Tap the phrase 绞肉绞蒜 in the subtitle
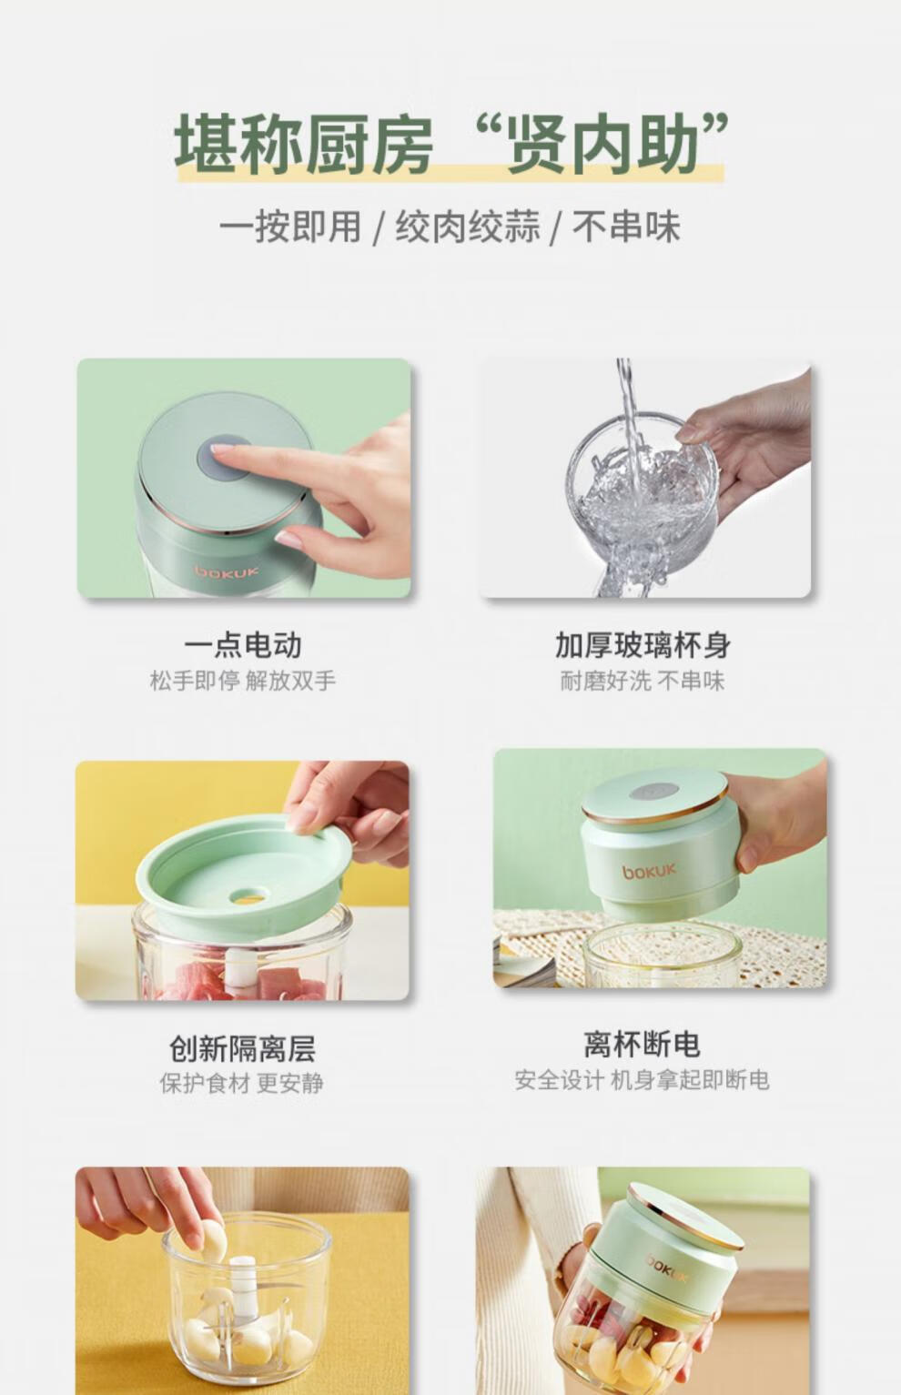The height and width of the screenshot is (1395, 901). tap(468, 227)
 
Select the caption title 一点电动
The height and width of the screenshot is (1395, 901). tap(243, 645)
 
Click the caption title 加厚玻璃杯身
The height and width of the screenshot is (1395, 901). tap(643, 645)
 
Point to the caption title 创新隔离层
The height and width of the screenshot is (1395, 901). tap(243, 1048)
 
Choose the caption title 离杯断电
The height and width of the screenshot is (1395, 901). tap(642, 1045)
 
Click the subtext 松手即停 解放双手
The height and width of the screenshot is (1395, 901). tap(243, 681)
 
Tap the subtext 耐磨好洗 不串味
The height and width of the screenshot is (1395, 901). tap(643, 681)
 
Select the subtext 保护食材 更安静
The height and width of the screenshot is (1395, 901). tap(242, 1083)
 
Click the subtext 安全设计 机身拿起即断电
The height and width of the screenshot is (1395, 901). tap(642, 1080)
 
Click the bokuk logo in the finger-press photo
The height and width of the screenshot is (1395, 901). tap(227, 571)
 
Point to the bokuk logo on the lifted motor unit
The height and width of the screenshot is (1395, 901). tap(649, 871)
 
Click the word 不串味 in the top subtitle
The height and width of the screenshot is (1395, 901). tap(627, 227)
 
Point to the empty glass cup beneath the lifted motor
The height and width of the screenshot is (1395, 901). tap(663, 956)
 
